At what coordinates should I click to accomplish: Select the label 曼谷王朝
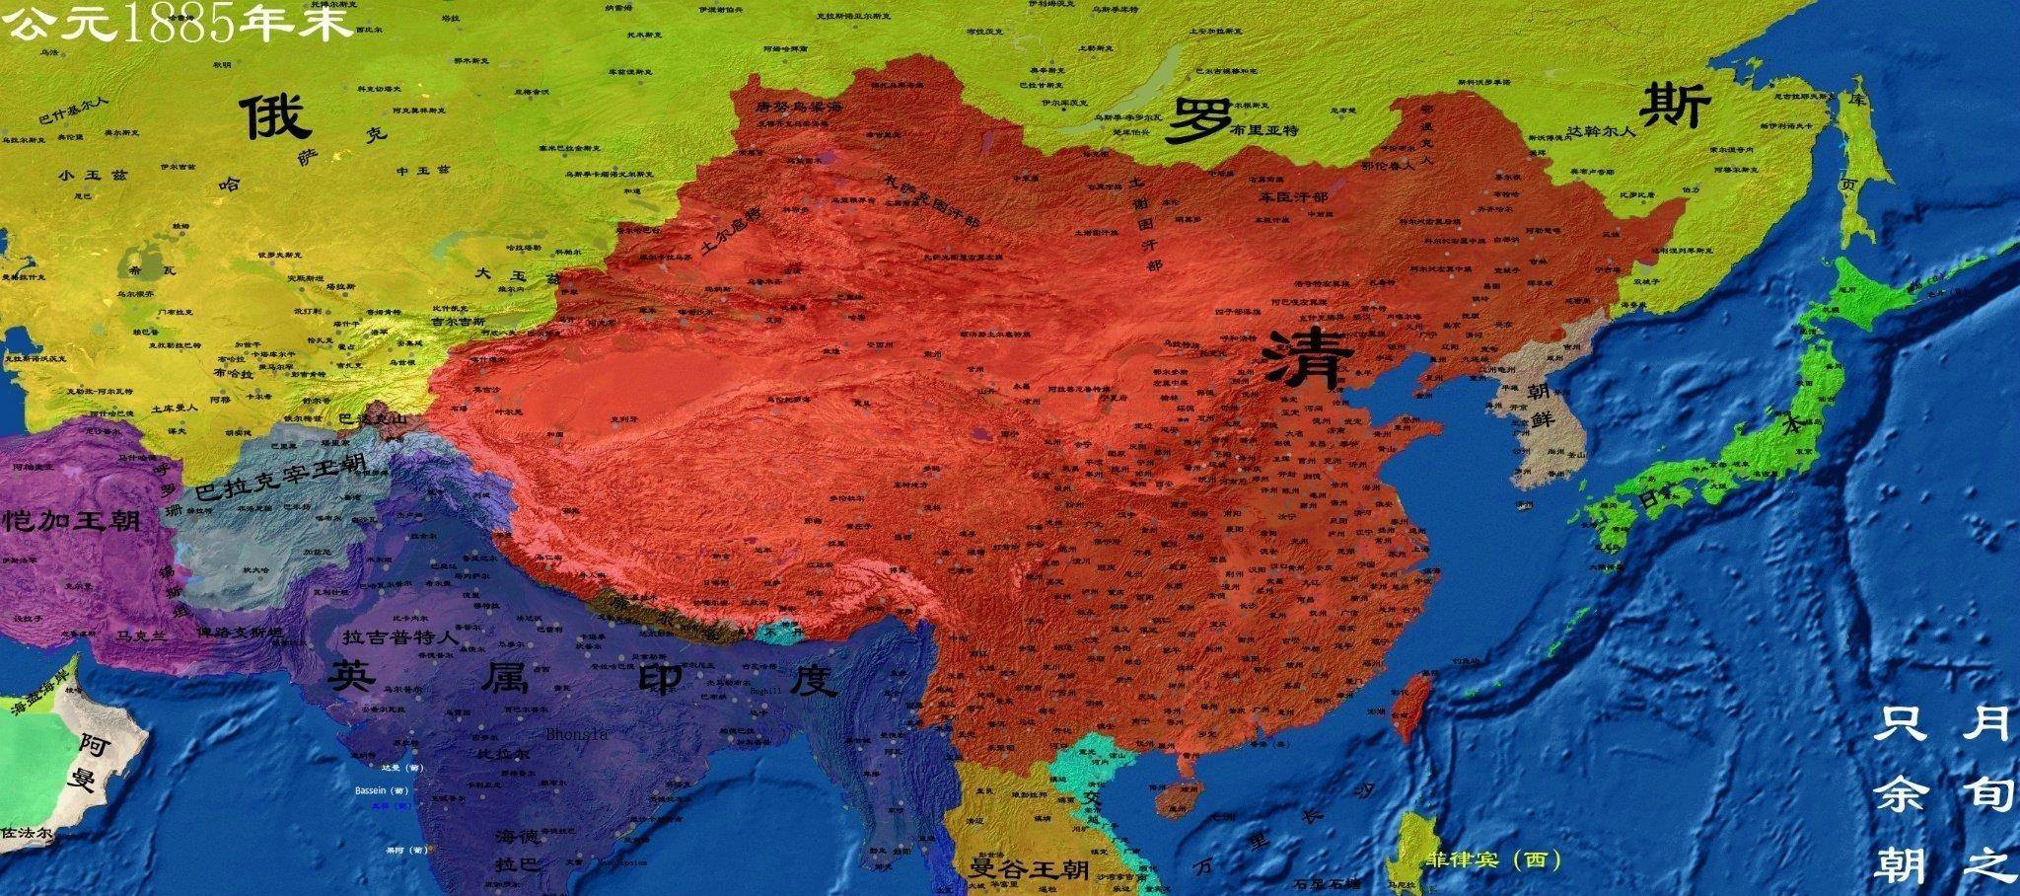(x=1030, y=869)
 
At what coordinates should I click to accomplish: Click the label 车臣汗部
(x=1293, y=196)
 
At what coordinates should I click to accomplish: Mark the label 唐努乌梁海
(x=798, y=106)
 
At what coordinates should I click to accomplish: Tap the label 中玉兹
(x=422, y=170)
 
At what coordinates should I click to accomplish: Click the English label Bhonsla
(x=577, y=734)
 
